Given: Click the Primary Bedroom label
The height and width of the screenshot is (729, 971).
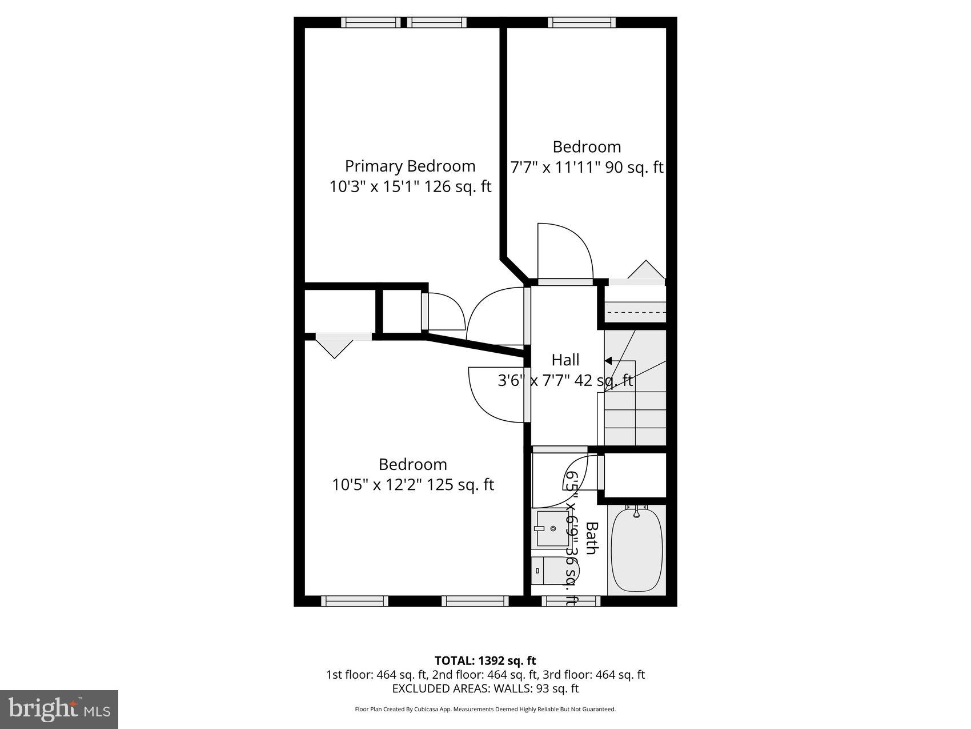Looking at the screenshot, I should click(x=410, y=166).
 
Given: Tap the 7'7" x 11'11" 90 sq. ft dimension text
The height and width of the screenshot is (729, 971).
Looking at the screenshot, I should click(x=586, y=168).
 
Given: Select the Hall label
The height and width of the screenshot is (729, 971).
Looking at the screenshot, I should click(x=565, y=360).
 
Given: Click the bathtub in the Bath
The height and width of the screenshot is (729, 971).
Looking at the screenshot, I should click(x=636, y=550).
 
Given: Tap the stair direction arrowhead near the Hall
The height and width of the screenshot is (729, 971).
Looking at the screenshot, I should click(x=608, y=361).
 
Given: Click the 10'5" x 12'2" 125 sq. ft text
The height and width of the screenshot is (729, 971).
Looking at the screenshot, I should click(x=412, y=485).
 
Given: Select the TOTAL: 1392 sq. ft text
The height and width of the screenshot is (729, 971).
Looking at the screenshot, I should click(x=485, y=661).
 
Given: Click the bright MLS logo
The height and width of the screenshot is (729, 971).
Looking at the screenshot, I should click(x=59, y=709).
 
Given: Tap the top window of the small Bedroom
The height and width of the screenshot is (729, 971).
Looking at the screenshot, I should click(x=581, y=22).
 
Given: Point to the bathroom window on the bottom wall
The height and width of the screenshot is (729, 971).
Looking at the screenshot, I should click(x=571, y=601).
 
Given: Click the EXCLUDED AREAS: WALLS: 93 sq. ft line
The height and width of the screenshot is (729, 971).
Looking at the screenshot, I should click(x=485, y=688).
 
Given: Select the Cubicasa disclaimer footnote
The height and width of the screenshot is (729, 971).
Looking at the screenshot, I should click(x=485, y=710).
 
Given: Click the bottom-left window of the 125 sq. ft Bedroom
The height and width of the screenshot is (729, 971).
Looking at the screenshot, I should click(x=354, y=601).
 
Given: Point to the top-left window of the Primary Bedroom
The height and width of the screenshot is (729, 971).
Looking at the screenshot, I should click(x=371, y=22).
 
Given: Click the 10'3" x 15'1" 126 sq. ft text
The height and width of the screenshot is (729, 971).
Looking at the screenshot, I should click(x=410, y=187).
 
